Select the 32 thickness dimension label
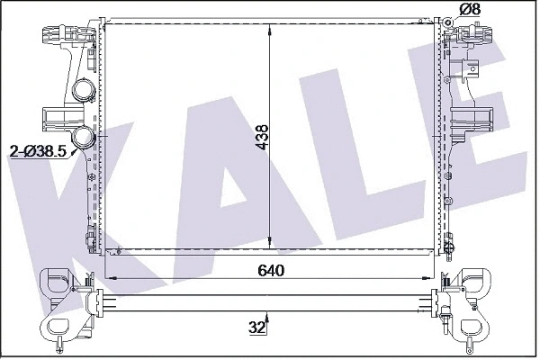[x=257, y=328]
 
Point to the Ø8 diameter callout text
[x=470, y=10]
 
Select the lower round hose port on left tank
[x=85, y=139]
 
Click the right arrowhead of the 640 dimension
[x=438, y=280]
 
